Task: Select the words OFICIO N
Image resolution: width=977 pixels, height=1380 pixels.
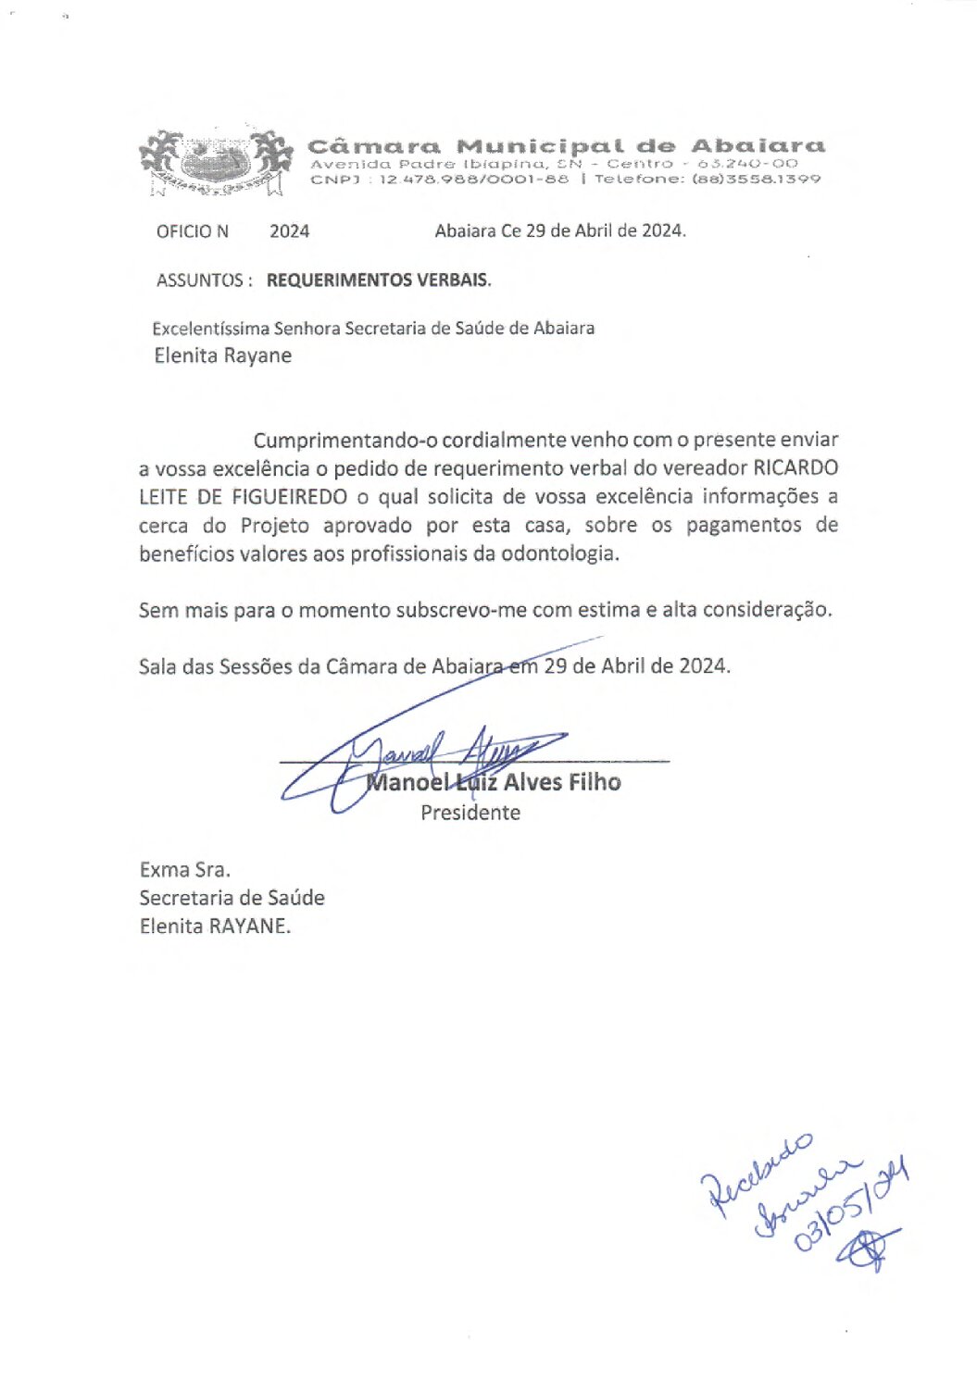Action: pos(193,231)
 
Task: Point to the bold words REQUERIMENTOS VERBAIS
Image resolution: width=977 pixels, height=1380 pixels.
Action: pos(379,280)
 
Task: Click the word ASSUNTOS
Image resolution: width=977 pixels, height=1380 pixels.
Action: pos(200,280)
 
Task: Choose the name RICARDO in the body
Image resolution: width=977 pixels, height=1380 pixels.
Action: pos(795,468)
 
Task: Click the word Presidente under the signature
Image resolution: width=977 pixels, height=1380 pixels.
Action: pos(470,813)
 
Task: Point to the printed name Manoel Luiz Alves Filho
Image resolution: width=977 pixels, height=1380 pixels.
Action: pos(494,783)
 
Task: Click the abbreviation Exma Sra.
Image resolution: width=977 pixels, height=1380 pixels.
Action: pos(184,870)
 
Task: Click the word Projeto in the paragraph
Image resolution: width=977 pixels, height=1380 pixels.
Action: pos(275,526)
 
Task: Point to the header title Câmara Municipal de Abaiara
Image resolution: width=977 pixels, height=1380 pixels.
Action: pos(566,146)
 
